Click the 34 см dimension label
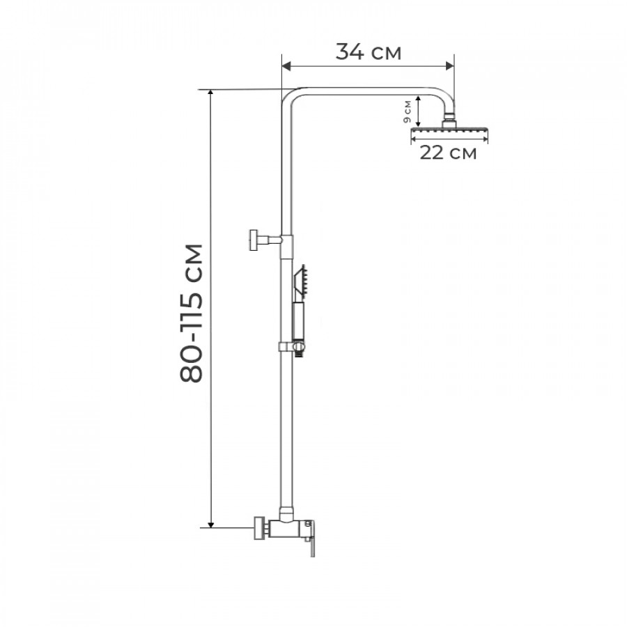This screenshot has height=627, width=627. [368, 52]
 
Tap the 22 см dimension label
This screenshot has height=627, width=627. [448, 153]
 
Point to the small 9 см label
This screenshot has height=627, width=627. [407, 111]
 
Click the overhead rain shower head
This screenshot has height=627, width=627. [449, 131]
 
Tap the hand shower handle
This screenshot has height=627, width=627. [299, 320]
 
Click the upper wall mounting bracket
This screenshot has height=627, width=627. [265, 240]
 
